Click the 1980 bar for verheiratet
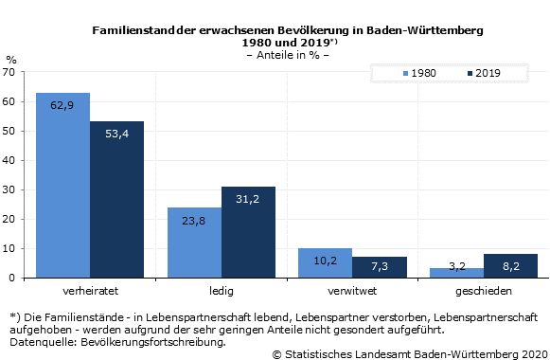pyautogui.click(x=62, y=185)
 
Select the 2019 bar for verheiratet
pyautogui.click(x=116, y=199)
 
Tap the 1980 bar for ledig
pyautogui.click(x=194, y=243)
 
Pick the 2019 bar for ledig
pyautogui.click(x=248, y=232)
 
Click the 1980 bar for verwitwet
pyautogui.click(x=325, y=262)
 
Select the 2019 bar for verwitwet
pyautogui.click(x=379, y=267)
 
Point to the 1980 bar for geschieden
pyautogui.click(x=456, y=273)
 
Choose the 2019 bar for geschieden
pyautogui.click(x=510, y=266)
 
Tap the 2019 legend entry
pyautogui.click(x=484, y=73)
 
